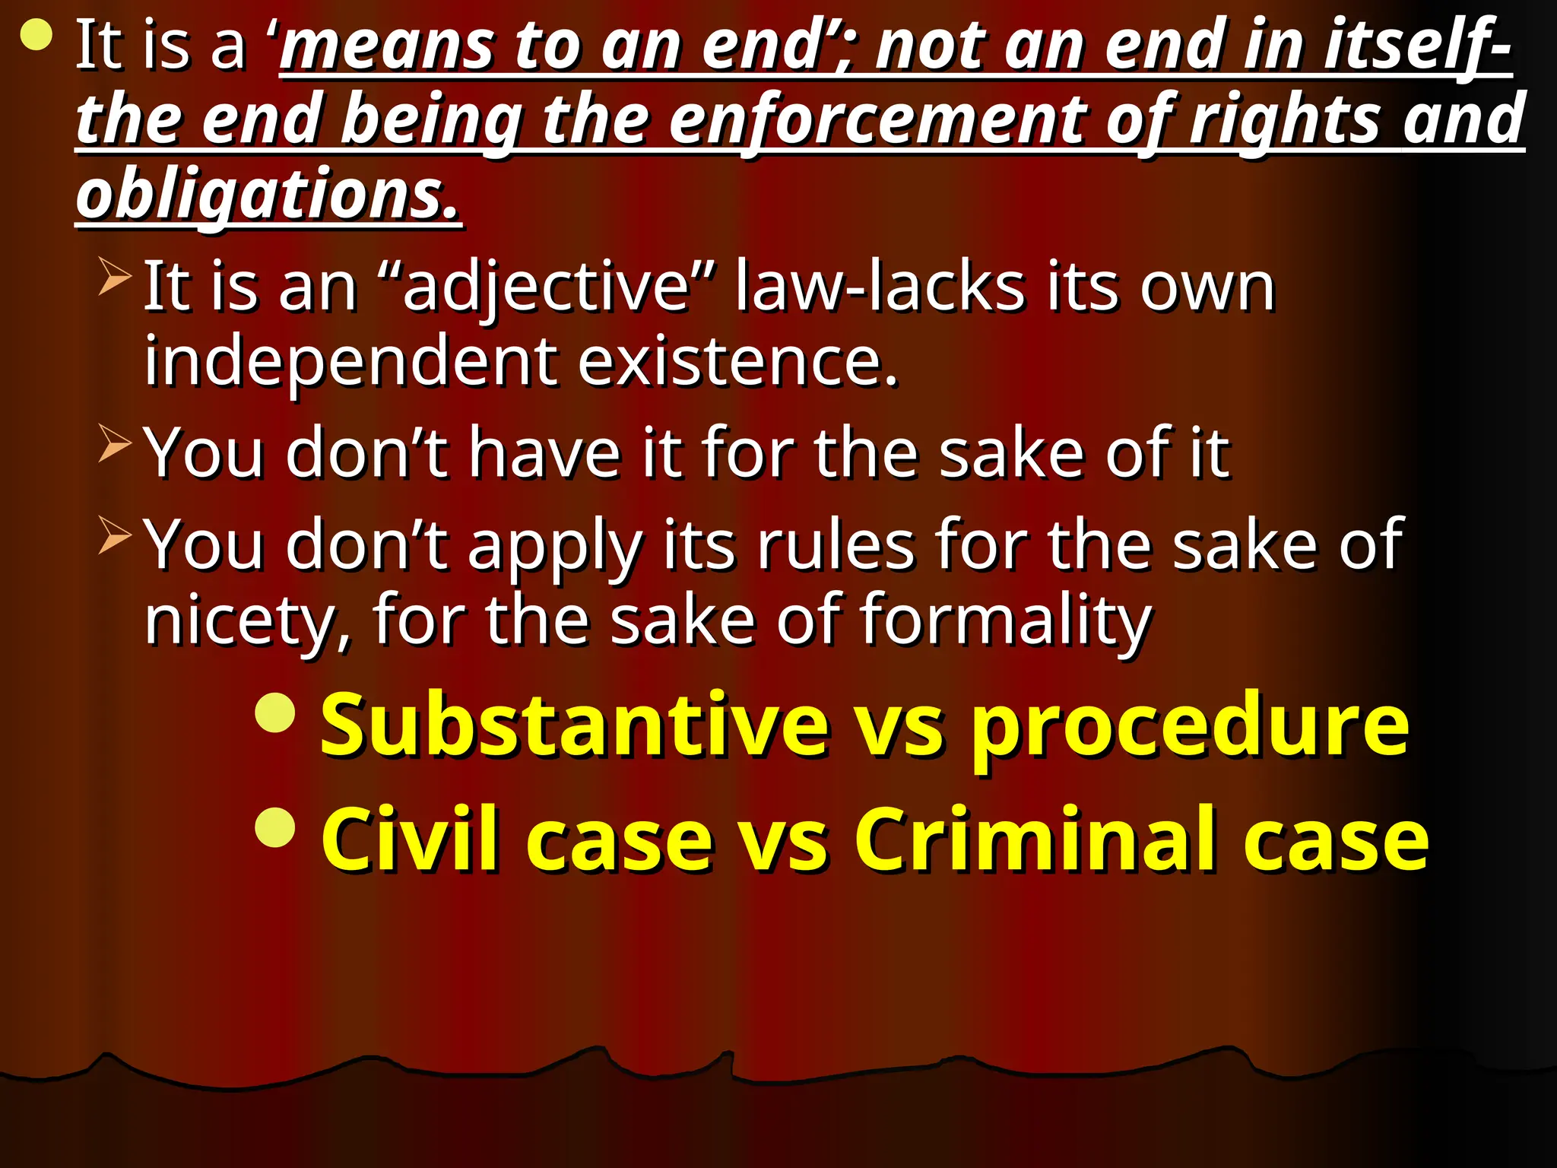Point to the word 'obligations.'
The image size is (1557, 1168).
(x=268, y=195)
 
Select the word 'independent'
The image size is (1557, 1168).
(x=350, y=362)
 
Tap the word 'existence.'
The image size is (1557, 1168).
(x=737, y=362)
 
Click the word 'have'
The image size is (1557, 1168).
(x=545, y=453)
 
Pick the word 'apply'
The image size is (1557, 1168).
(x=555, y=546)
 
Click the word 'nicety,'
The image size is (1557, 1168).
(x=249, y=620)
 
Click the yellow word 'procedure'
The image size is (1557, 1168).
(x=1190, y=727)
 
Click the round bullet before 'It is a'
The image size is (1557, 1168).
(x=36, y=35)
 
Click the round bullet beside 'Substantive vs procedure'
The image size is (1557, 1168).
(x=275, y=713)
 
